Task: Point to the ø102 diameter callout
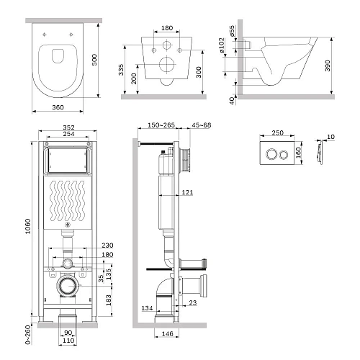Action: click(223, 61)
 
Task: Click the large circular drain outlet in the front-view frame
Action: click(67, 287)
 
